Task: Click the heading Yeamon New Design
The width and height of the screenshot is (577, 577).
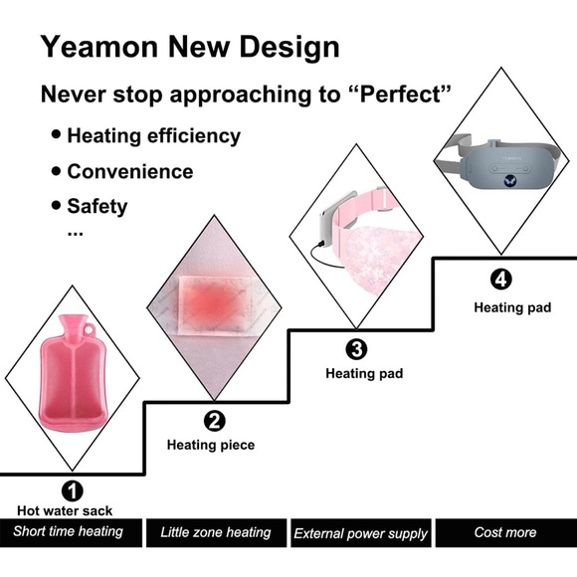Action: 190,46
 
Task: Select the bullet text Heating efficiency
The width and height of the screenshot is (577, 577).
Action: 153,135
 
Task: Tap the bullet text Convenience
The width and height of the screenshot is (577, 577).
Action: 129,171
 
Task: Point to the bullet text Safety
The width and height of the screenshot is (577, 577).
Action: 96,207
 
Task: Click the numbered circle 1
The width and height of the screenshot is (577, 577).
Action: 73,490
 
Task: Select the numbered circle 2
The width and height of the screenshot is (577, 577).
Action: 214,421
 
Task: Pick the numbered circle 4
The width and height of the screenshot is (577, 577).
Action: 502,280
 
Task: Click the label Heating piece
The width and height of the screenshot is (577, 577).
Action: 210,445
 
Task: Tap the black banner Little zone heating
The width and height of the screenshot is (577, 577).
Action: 216,532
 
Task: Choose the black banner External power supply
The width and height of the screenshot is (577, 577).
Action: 360,533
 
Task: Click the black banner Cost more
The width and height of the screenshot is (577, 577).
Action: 505,532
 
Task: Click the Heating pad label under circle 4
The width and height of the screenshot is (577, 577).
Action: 512,307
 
